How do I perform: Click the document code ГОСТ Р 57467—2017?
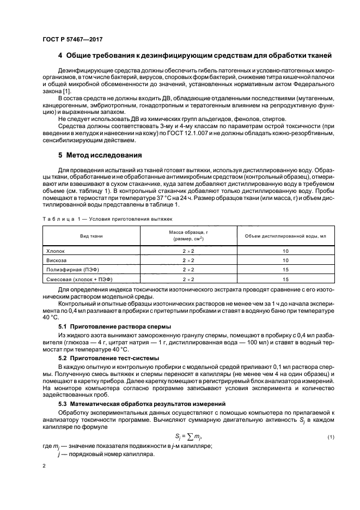[71, 40]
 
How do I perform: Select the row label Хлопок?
[54, 251]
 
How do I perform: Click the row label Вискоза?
[55, 260]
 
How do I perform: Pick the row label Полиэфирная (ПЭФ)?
[69, 270]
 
